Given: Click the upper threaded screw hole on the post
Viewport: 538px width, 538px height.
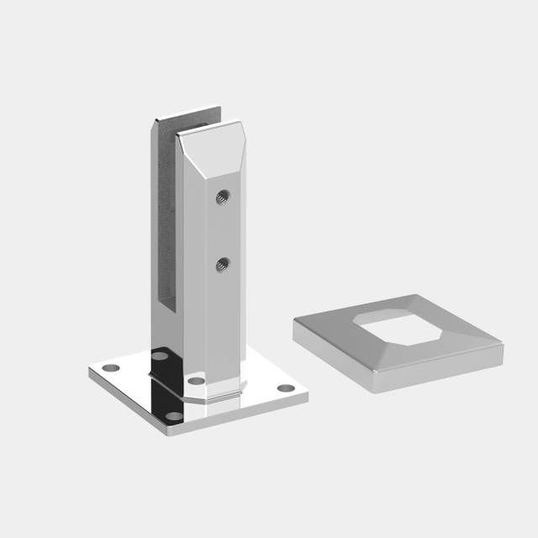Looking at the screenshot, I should [222, 197].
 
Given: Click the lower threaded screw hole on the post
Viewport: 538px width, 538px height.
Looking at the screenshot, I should [221, 265].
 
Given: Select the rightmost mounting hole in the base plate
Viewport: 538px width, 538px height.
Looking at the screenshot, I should [286, 388].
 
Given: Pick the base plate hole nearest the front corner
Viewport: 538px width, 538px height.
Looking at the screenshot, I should [175, 416].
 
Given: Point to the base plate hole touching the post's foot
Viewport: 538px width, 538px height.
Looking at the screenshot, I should [196, 381].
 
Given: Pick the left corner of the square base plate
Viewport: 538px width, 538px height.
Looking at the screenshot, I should [90, 370].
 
